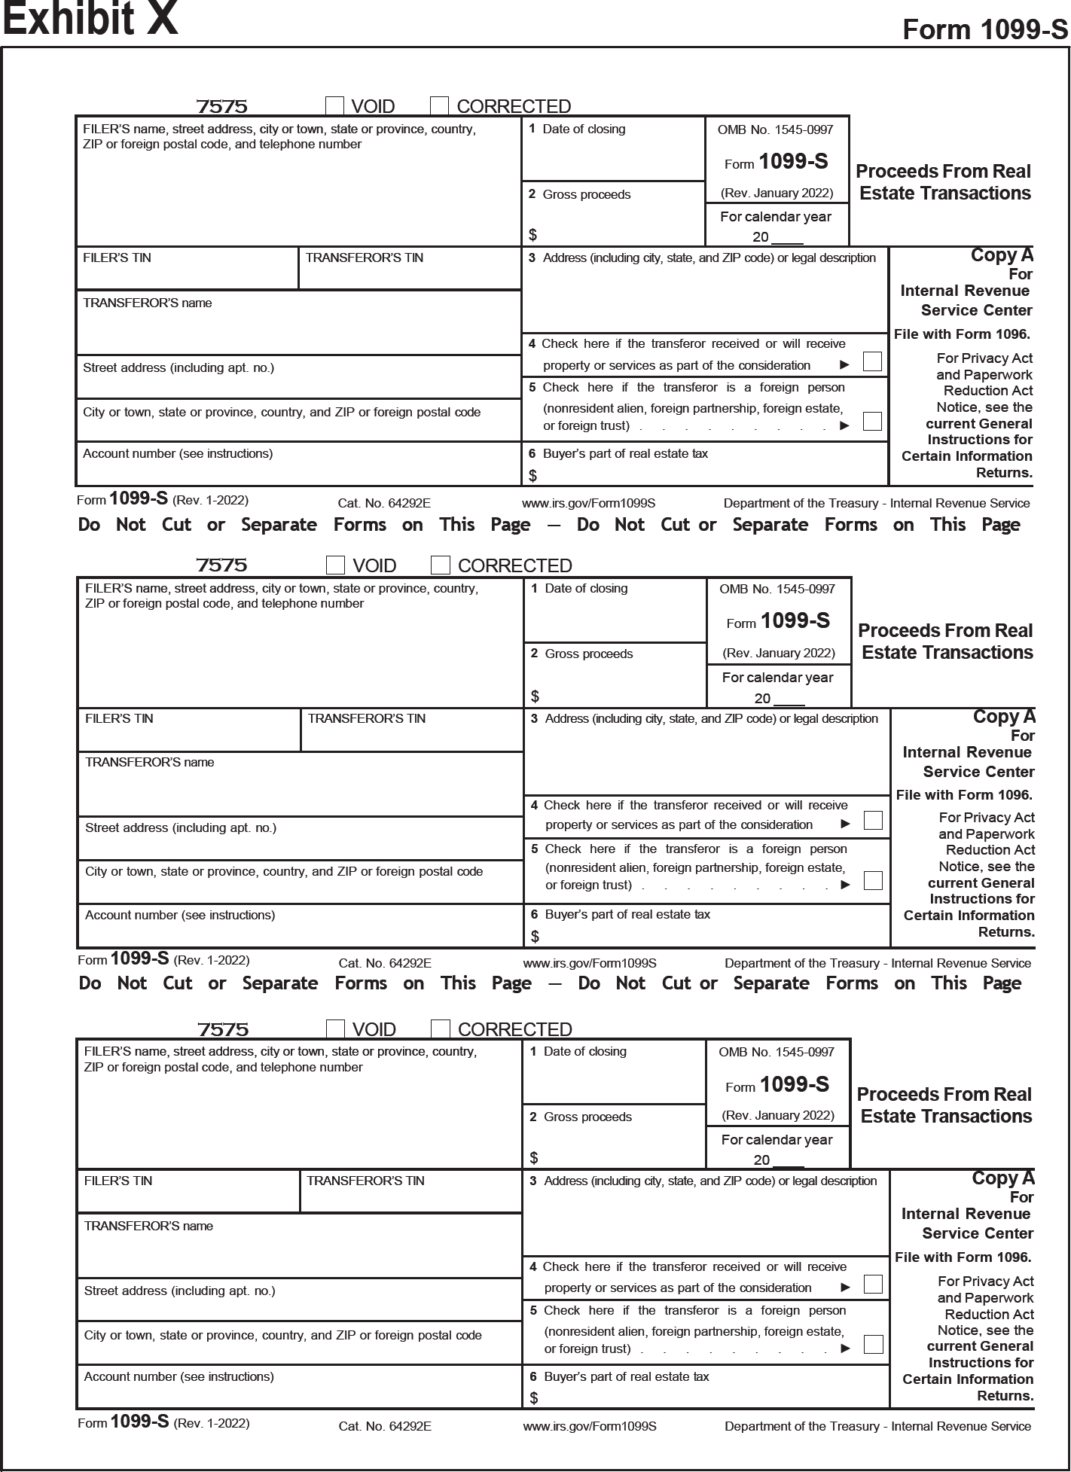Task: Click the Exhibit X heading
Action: [x=90, y=20]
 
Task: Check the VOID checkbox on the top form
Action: [x=335, y=105]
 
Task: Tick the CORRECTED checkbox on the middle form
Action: [x=441, y=565]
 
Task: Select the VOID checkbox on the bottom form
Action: [x=335, y=1029]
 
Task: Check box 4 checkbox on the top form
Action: [x=872, y=361]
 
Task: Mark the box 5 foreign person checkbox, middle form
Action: [x=873, y=880]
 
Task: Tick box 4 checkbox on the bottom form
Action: [x=873, y=1284]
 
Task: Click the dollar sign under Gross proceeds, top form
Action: [x=533, y=235]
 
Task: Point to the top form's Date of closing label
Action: [x=584, y=129]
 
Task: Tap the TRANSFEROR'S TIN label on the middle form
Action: [x=366, y=718]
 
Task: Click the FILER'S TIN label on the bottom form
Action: [x=117, y=1181]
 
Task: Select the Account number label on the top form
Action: [x=178, y=453]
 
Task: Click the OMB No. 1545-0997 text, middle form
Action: [x=777, y=589]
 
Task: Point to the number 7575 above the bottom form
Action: [x=223, y=1029]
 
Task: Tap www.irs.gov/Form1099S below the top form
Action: [x=588, y=503]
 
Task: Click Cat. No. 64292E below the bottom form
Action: [x=385, y=1426]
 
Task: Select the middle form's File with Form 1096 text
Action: [x=964, y=795]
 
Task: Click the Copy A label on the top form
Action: [x=1002, y=255]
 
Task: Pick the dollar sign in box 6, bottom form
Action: [x=534, y=1397]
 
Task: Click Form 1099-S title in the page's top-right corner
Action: [x=984, y=29]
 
